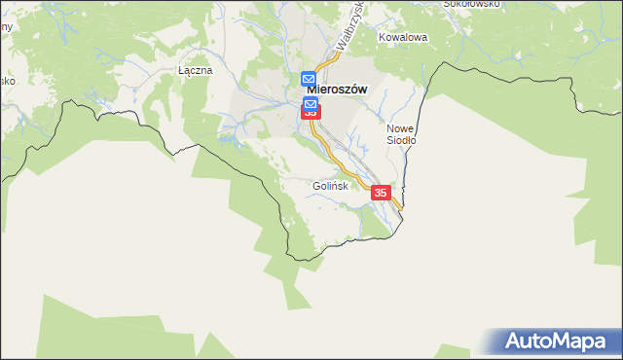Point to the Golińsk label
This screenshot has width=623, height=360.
click(x=330, y=186)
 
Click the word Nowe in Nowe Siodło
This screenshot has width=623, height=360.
click(x=401, y=127)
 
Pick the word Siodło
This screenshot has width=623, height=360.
click(x=401, y=140)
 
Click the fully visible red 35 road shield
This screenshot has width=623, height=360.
click(x=381, y=194)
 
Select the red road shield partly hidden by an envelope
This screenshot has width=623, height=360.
click(x=311, y=114)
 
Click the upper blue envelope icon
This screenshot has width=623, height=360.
click(x=309, y=79)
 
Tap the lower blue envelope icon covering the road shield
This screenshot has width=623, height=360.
click(x=311, y=103)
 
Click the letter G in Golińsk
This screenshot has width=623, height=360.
click(x=317, y=186)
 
